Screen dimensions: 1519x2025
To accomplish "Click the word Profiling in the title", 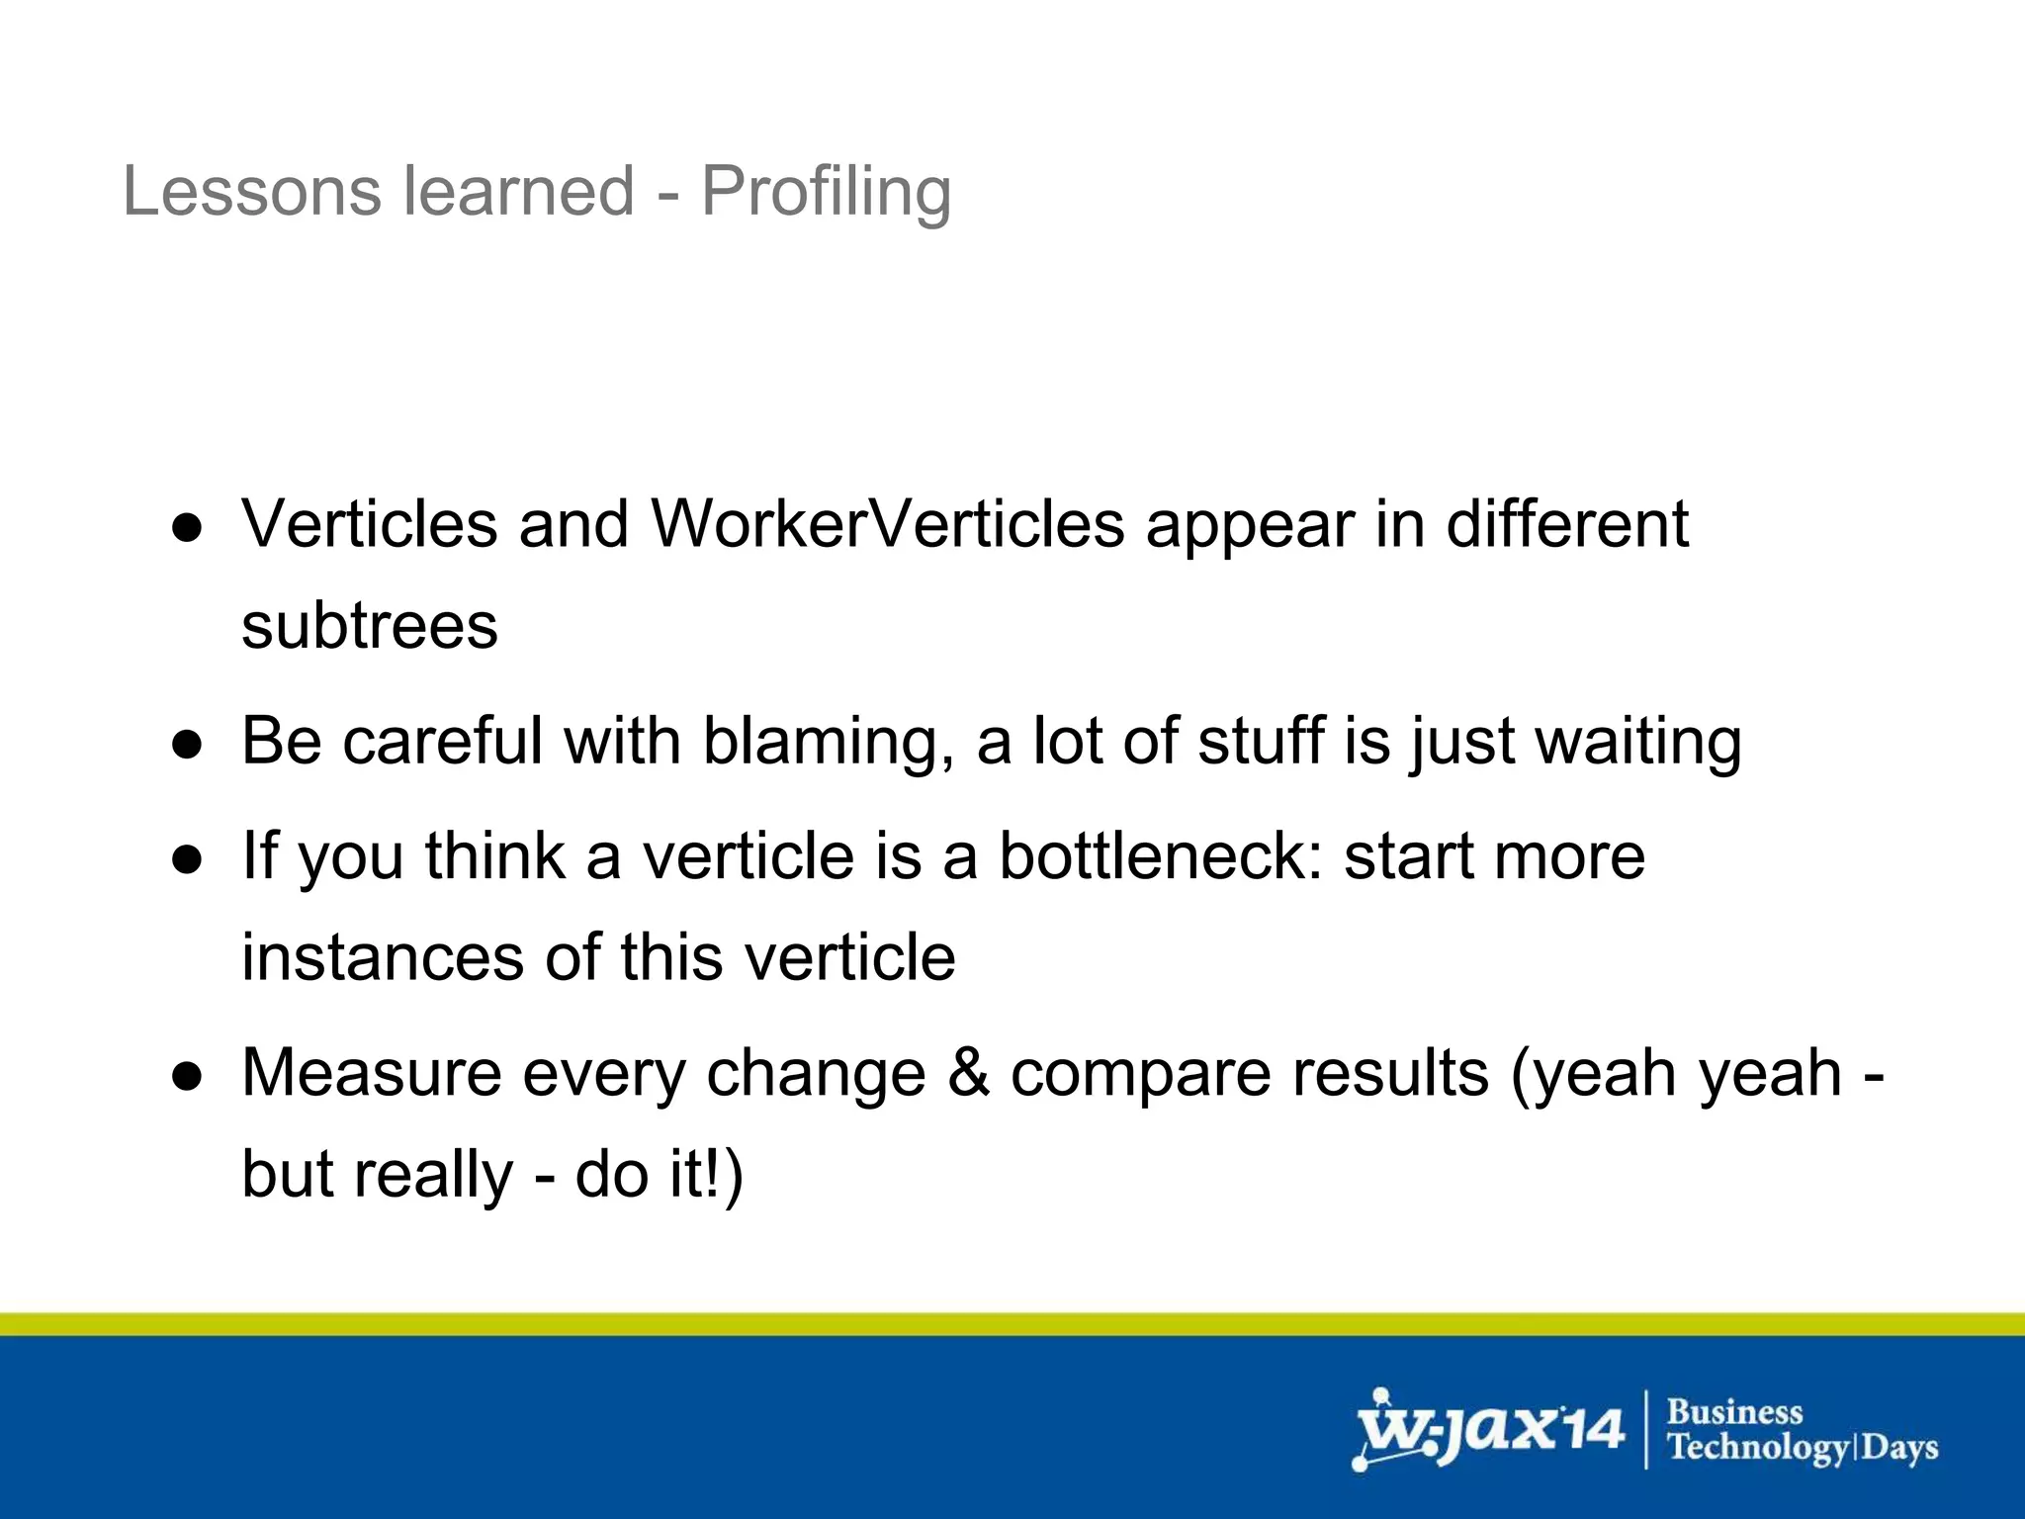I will click(826, 191).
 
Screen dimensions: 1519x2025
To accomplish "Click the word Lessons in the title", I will click(251, 191).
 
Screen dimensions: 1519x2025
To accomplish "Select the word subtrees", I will click(369, 626).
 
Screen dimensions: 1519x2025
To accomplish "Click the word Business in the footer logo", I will click(1734, 1412).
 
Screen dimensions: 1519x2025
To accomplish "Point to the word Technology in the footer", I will click(1756, 1448).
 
